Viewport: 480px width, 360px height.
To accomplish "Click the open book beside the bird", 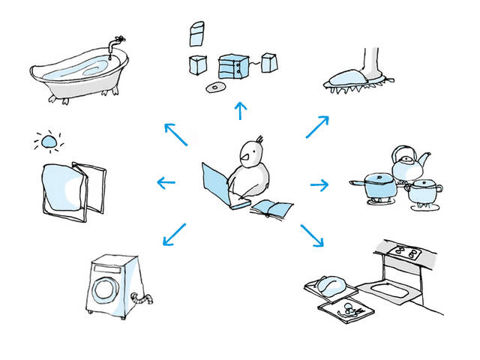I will [x=271, y=208].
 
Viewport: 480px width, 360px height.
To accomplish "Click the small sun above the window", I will [x=49, y=141].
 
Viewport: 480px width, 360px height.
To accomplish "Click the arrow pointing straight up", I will [x=240, y=111].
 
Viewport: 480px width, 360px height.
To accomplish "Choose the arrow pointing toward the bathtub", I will [x=175, y=134].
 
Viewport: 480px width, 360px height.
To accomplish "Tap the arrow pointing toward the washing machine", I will [x=173, y=233].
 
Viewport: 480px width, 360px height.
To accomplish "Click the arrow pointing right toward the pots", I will [x=319, y=184].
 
